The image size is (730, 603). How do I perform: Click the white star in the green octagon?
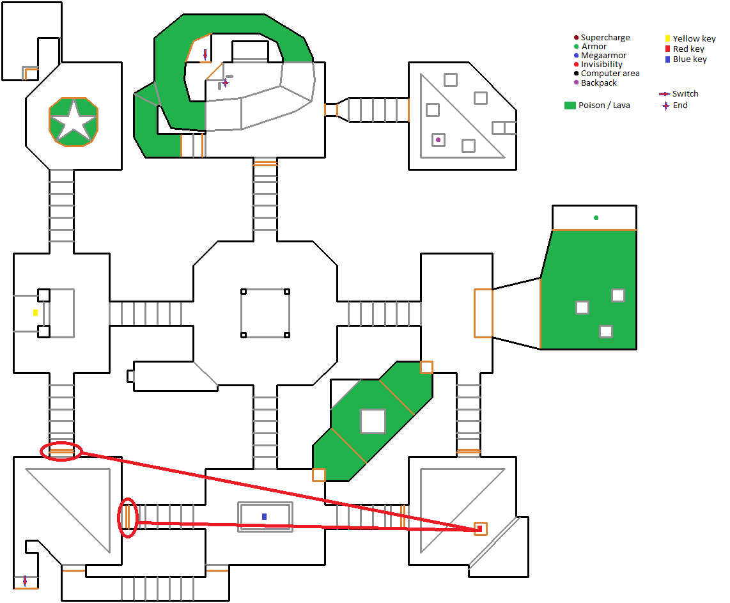tap(74, 122)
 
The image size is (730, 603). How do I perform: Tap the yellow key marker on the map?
tap(35, 313)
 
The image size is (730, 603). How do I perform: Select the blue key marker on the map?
tap(265, 517)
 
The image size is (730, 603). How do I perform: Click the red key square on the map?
tap(479, 528)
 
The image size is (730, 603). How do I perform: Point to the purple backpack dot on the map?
tap(438, 139)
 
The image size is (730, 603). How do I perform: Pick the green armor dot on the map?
tap(596, 217)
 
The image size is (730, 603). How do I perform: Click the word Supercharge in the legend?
tap(605, 37)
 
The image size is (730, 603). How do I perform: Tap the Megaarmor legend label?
tap(603, 56)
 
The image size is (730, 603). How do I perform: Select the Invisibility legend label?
tap(602, 64)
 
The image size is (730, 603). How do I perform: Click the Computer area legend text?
tap(610, 73)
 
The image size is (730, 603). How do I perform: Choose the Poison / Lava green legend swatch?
tap(570, 106)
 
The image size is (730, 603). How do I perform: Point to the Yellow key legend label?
tap(694, 38)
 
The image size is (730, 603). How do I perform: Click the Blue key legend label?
tap(690, 59)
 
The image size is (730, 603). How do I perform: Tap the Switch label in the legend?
tap(685, 93)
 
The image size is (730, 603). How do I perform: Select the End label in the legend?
tap(680, 106)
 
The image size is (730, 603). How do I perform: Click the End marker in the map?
tap(226, 83)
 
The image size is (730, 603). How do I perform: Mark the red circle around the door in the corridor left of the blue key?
tap(128, 518)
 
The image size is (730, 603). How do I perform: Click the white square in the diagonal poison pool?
tap(373, 421)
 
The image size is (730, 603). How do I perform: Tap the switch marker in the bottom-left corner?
tap(25, 581)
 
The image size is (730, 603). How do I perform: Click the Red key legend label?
tap(688, 49)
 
